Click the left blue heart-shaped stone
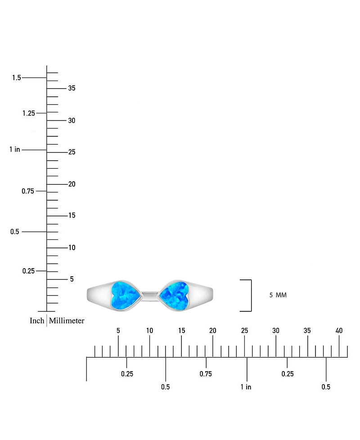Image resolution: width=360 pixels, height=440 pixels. pos(125,296)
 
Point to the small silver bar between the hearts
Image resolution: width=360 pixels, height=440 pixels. pos(150,295)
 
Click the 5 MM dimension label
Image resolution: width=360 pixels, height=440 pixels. pos(278,295)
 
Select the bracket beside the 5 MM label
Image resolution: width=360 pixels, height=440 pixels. pos(251,296)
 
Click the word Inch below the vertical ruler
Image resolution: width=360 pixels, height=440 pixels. pos(37,320)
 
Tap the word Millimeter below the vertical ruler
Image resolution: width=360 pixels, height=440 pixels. pos(67,320)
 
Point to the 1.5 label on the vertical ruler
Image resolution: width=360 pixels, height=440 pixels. pos(17,77)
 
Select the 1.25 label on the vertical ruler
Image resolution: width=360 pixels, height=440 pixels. pos(29,113)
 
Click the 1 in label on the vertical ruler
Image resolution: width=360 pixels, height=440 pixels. pos(15,149)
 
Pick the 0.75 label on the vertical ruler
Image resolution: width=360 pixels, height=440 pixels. pos(28,191)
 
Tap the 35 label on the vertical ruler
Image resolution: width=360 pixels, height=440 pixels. pos(72,88)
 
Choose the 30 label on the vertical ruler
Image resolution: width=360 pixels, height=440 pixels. pos(72,121)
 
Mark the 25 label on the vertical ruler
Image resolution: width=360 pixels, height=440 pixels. pos(72,152)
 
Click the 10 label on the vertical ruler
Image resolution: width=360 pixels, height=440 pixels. pos(72,247)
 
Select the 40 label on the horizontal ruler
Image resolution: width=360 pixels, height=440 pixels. pos(339,331)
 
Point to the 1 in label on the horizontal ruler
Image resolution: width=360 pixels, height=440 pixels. pos(246,387)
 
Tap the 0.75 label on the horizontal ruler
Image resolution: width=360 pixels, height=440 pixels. pos(206,374)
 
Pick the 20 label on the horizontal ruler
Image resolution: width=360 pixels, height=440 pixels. pos(213,331)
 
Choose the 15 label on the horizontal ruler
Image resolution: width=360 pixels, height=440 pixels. pos(181,331)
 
